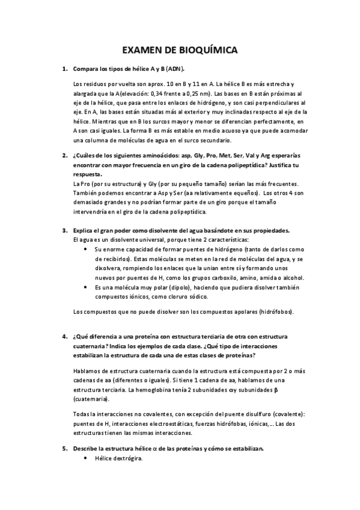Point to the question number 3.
click(64, 231)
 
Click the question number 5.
click(64, 449)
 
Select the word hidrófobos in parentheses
click(277, 313)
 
